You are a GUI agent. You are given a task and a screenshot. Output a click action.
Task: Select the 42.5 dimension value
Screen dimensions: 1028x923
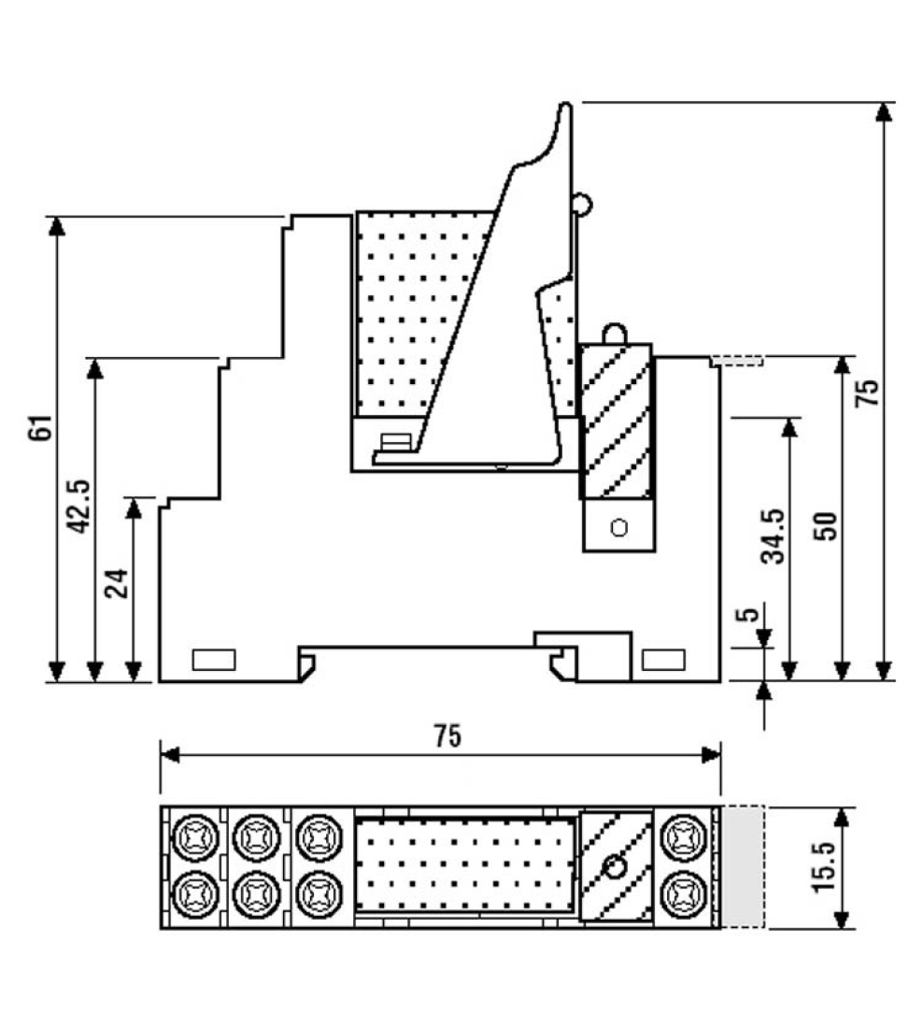tap(80, 506)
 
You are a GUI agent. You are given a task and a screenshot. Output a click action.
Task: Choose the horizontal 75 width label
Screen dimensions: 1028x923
tap(447, 736)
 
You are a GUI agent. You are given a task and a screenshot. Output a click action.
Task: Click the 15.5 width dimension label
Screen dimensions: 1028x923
tap(825, 866)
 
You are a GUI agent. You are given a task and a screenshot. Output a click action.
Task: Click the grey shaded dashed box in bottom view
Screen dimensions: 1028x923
tap(744, 866)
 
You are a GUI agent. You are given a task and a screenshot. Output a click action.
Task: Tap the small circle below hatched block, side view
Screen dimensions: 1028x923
tap(617, 528)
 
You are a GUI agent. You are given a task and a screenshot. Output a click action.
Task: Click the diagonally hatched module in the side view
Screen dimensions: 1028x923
tap(616, 421)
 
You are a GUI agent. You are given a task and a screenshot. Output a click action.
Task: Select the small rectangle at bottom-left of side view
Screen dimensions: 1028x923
tap(214, 660)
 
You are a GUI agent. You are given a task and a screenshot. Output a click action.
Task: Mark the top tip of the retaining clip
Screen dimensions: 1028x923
tap(565, 105)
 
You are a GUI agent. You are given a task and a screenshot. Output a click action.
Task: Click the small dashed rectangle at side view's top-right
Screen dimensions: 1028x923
tap(738, 360)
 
